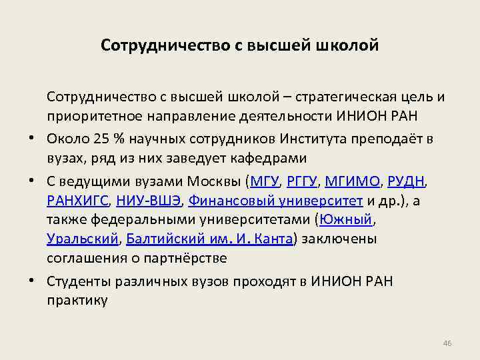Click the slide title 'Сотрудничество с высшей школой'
(x=240, y=46)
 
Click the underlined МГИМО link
(x=352, y=181)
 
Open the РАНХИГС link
(x=77, y=201)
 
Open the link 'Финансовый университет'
(x=275, y=201)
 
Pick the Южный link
(x=347, y=220)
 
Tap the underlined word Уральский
(x=82, y=239)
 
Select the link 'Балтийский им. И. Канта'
(x=209, y=239)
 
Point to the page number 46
(x=447, y=343)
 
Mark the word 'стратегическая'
(x=348, y=97)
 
